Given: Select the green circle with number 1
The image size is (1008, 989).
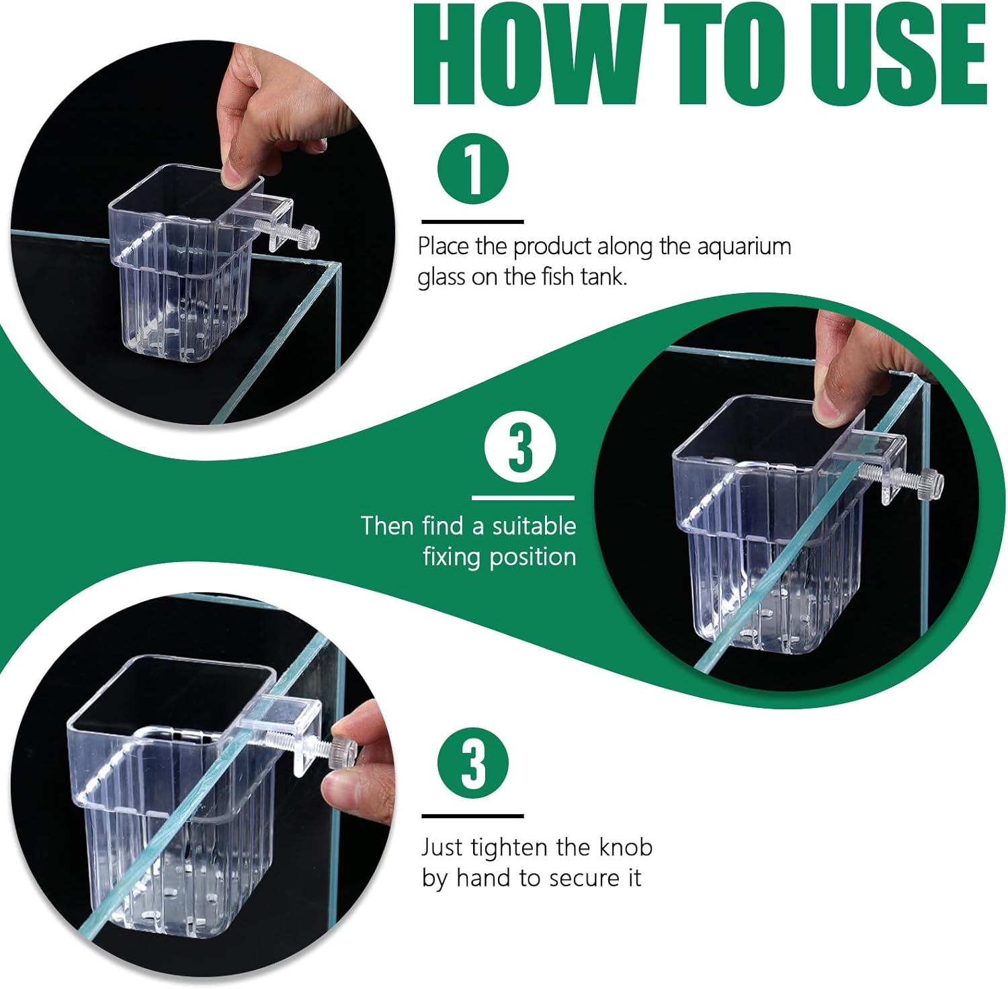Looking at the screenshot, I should click(x=473, y=169).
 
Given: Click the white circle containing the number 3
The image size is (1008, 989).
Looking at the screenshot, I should click(x=520, y=448).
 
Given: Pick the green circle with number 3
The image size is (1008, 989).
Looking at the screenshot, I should click(x=473, y=763).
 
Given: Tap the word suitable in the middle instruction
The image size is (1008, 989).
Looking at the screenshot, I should click(x=534, y=526).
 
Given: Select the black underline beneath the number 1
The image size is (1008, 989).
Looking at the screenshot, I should click(x=472, y=221).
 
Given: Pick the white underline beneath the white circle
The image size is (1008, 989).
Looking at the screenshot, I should click(x=523, y=498).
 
